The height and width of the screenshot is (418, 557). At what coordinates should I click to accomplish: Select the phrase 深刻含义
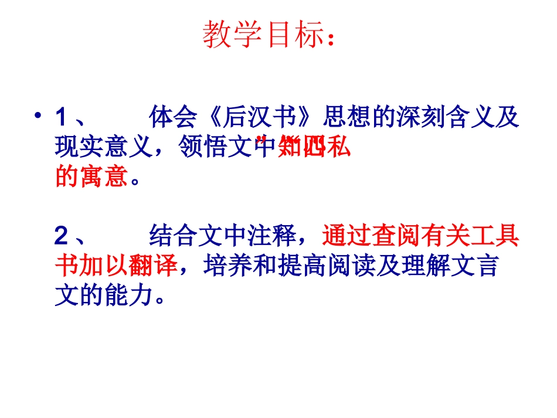click(x=436, y=118)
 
